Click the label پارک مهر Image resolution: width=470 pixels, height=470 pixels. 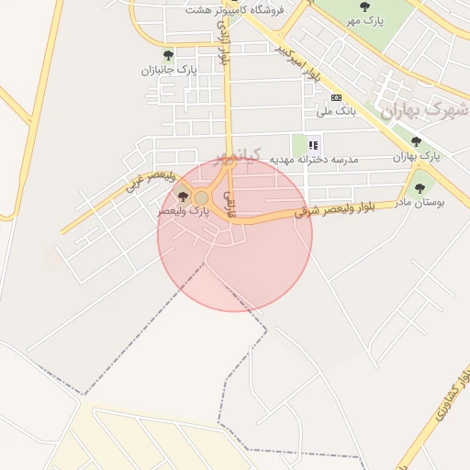(366, 19)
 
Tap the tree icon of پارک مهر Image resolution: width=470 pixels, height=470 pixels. (365, 6)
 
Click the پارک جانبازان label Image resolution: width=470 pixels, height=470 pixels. (170, 70)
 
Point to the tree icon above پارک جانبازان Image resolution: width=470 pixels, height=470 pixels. (168, 56)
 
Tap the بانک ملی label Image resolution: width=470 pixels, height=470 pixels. (336, 112)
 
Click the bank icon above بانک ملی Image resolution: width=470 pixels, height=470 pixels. (336, 98)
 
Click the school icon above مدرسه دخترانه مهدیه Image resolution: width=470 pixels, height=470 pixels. (313, 145)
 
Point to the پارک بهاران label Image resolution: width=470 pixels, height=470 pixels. (417, 156)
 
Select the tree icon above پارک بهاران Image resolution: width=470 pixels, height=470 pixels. (416, 142)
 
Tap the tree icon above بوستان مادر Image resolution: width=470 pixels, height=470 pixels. (420, 188)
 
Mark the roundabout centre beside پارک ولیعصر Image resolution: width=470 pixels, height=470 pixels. (201, 197)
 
